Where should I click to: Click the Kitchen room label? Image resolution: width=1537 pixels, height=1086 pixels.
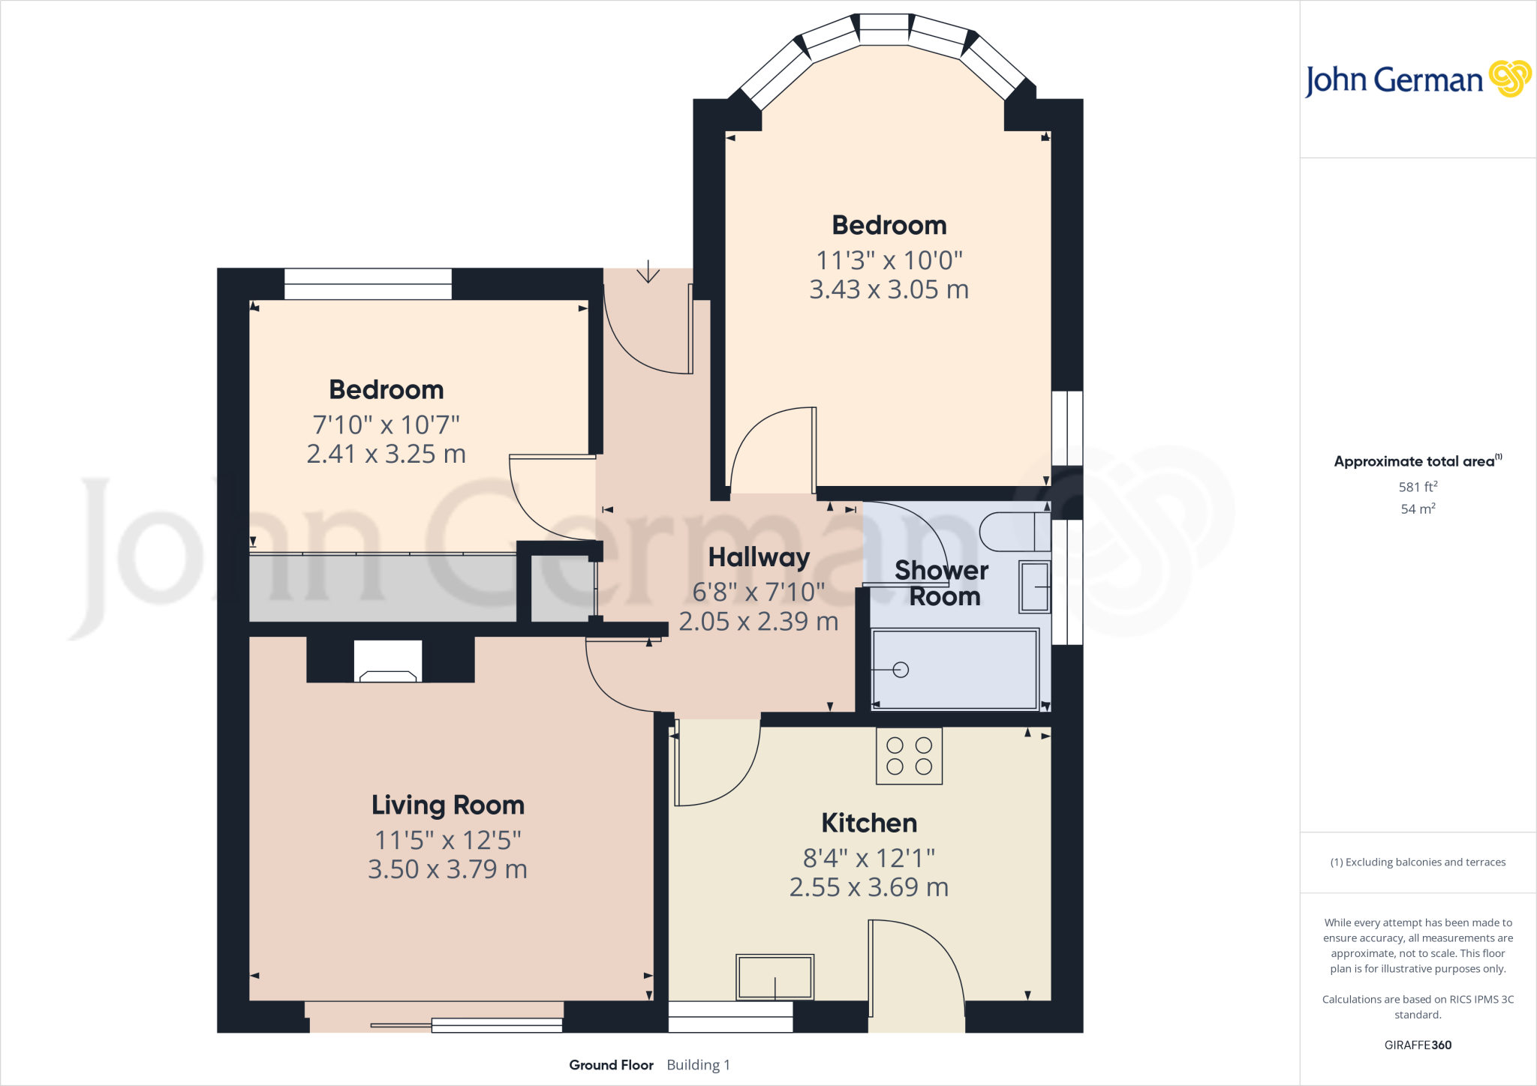(x=869, y=823)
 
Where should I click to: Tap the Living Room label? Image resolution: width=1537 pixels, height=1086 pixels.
(x=448, y=805)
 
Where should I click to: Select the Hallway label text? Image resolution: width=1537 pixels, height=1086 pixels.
(x=759, y=557)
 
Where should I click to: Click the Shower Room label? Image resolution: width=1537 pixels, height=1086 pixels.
(x=942, y=583)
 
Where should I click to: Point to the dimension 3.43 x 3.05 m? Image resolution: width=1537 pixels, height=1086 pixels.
(x=889, y=289)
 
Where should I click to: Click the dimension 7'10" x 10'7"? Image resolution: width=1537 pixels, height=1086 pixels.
(x=386, y=425)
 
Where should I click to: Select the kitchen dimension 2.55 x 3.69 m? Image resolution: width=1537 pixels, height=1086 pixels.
(x=869, y=887)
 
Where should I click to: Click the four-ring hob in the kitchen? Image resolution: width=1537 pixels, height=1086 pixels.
(x=909, y=756)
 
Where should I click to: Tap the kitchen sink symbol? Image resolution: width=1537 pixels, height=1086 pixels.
(x=775, y=977)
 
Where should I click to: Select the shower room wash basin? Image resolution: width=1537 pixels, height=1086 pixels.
(x=1034, y=586)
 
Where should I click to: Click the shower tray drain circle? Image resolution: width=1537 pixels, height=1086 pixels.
(x=901, y=670)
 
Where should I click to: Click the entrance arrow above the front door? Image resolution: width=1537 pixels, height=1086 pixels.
(x=648, y=272)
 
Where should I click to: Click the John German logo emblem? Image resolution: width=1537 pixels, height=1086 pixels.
(x=1509, y=79)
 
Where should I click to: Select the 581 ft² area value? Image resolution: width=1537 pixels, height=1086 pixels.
(x=1417, y=487)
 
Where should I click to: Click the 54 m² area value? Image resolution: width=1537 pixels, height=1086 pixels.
(x=1417, y=508)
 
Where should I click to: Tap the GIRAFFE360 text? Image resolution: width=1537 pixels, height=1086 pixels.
(x=1417, y=1045)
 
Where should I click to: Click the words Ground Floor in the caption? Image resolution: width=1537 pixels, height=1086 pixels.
(x=611, y=1065)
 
